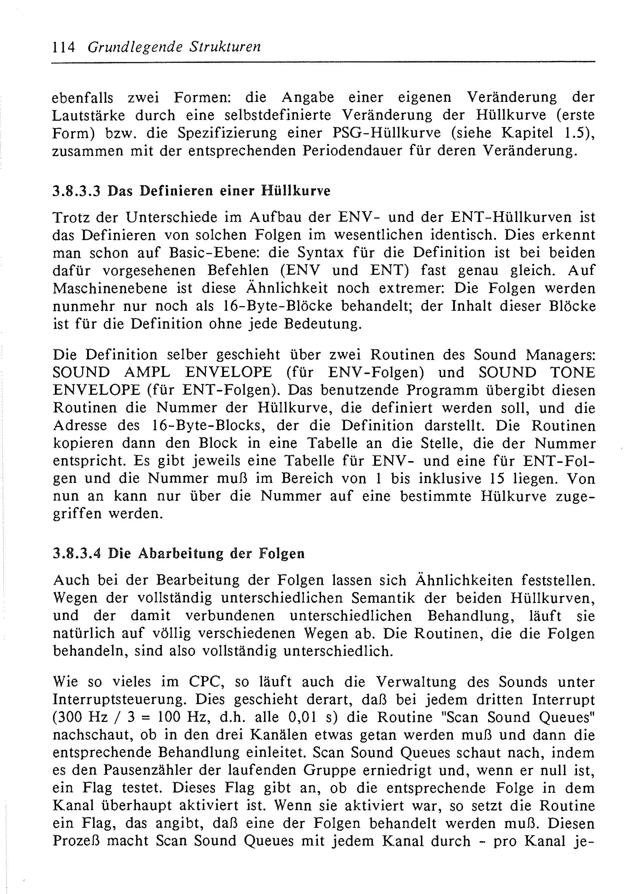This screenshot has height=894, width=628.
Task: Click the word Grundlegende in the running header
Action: pos(135,47)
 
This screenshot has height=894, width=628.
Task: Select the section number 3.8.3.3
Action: pos(76,191)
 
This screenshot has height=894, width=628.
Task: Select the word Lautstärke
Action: pos(89,116)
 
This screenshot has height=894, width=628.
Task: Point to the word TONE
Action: pos(572,373)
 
